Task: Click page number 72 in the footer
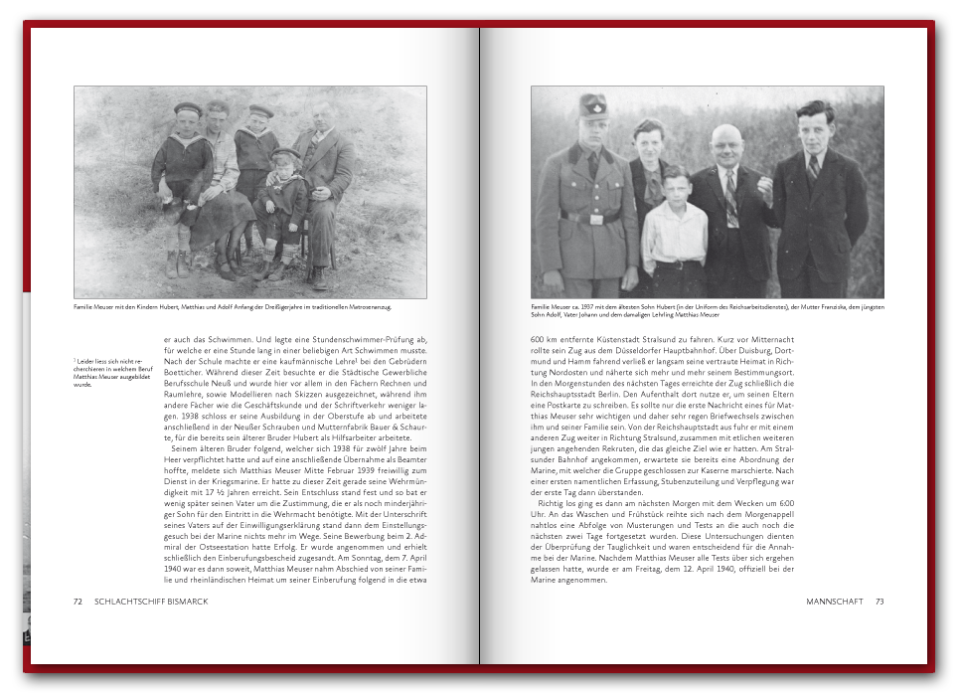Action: click(78, 602)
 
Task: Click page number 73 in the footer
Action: click(879, 602)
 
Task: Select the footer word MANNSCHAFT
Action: click(837, 602)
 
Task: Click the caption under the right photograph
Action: click(707, 310)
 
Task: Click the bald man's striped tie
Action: click(732, 198)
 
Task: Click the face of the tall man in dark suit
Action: click(814, 125)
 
